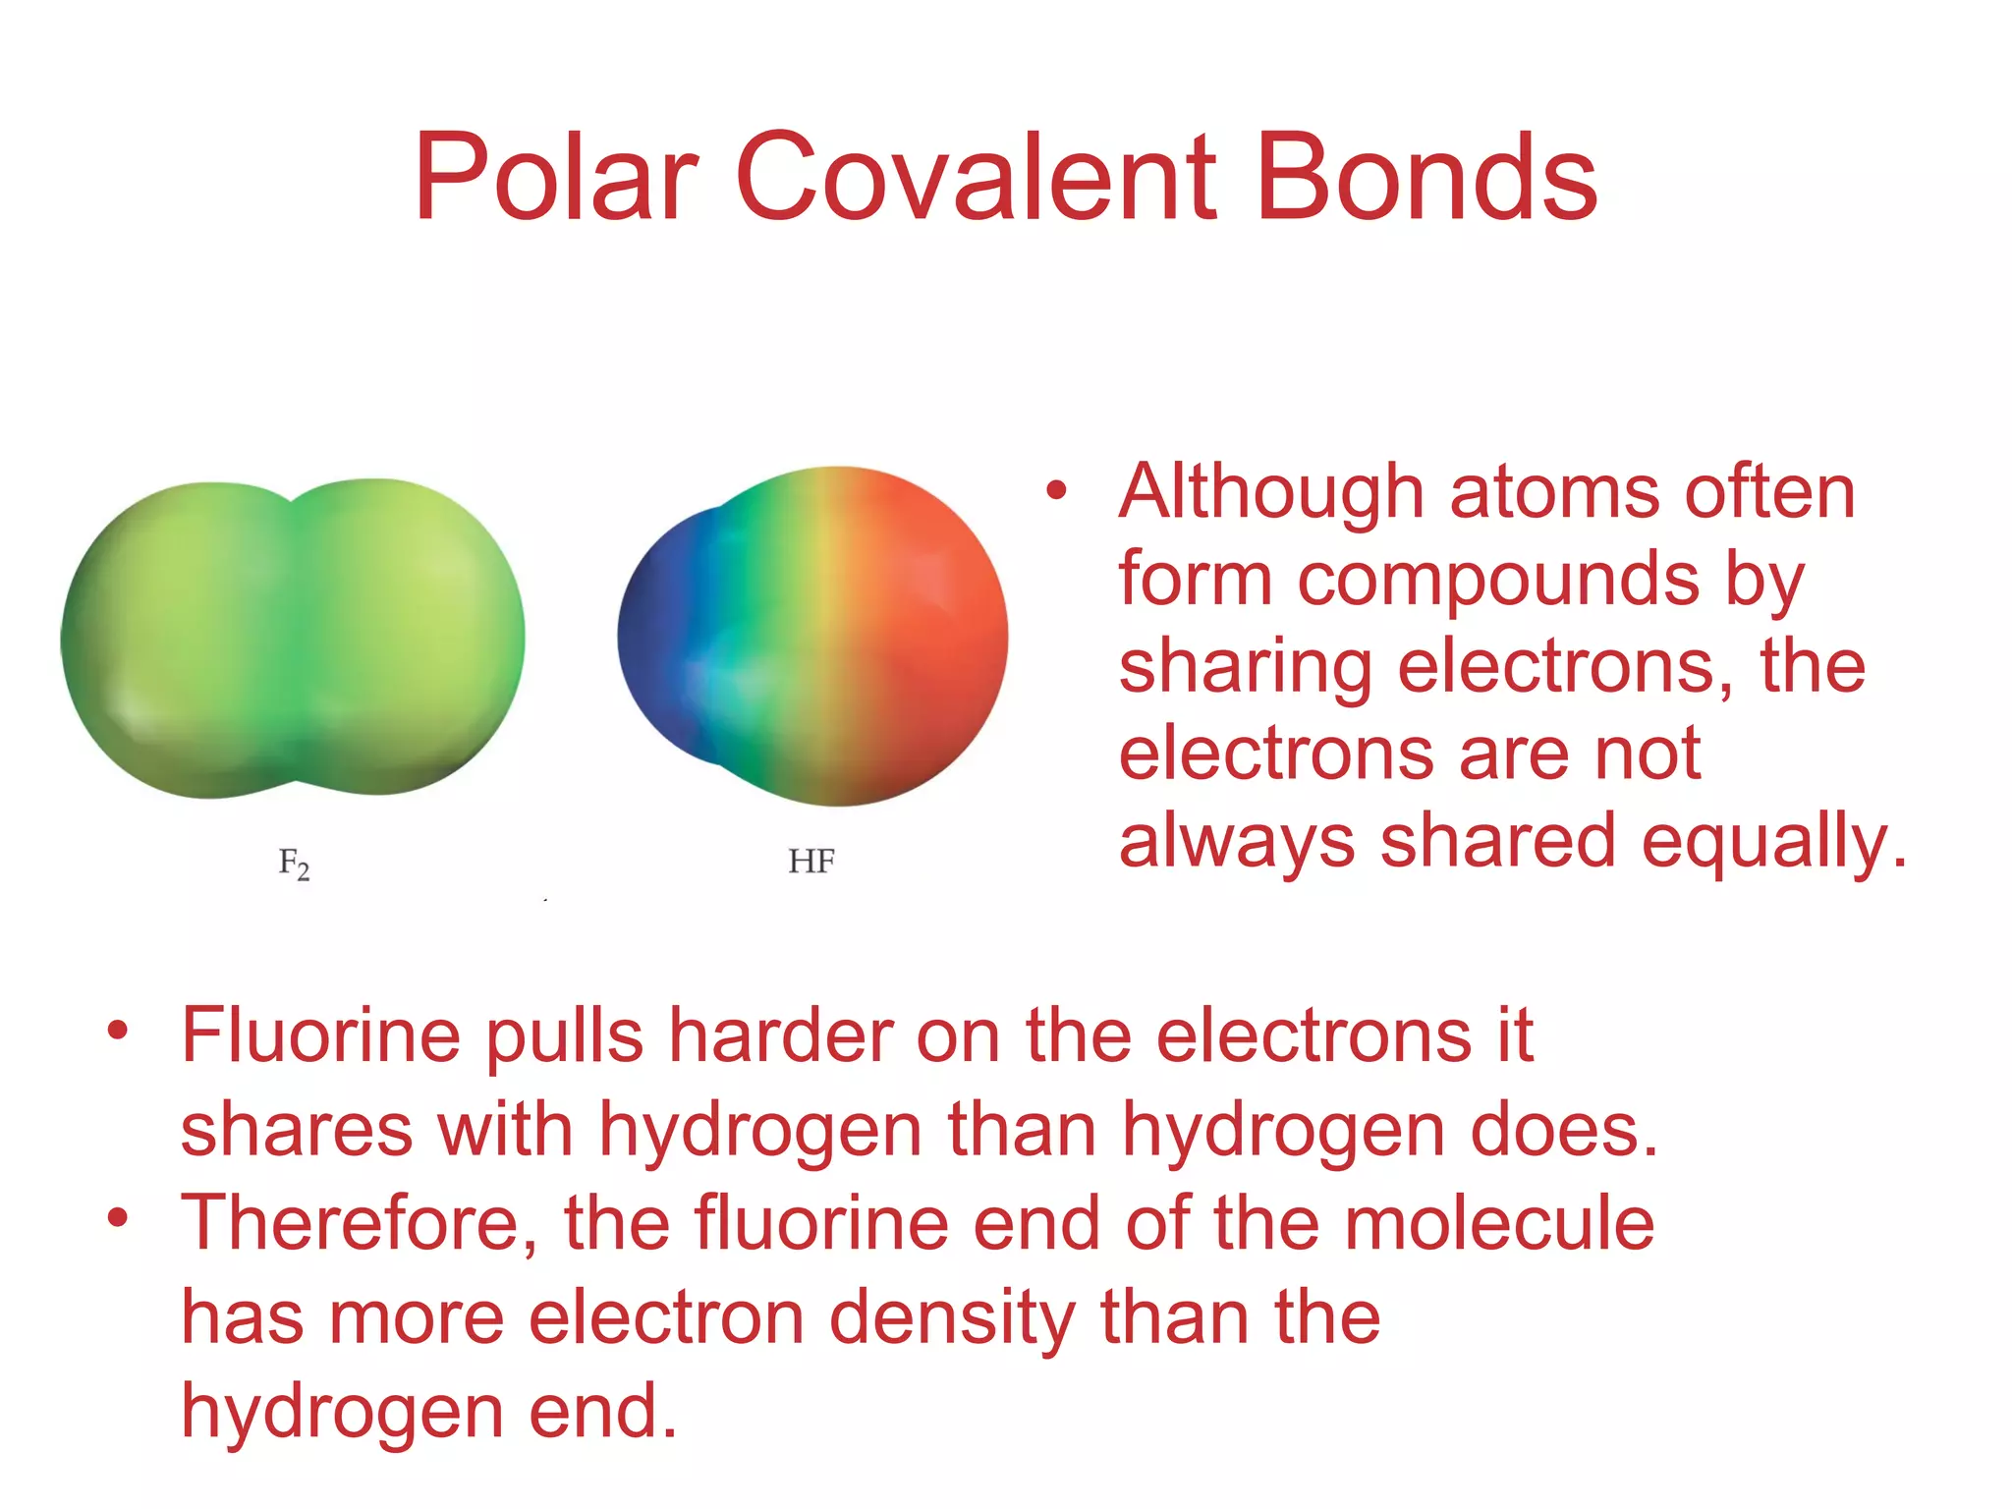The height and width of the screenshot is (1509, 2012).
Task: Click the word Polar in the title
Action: coord(556,179)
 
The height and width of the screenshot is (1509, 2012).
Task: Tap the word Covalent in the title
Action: coord(977,179)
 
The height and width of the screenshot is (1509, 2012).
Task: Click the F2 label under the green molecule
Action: coord(294,864)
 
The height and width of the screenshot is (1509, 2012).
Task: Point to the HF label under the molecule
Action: coord(811,862)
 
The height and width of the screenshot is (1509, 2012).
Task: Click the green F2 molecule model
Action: coord(293,639)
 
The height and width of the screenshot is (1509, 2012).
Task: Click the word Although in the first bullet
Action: coord(1271,491)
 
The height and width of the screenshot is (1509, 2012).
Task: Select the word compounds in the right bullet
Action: coord(1498,580)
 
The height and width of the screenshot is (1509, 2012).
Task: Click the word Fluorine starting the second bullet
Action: coord(320,1035)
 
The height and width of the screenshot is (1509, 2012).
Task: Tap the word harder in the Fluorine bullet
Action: coord(781,1035)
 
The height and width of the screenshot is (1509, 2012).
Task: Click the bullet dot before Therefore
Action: coord(118,1219)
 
